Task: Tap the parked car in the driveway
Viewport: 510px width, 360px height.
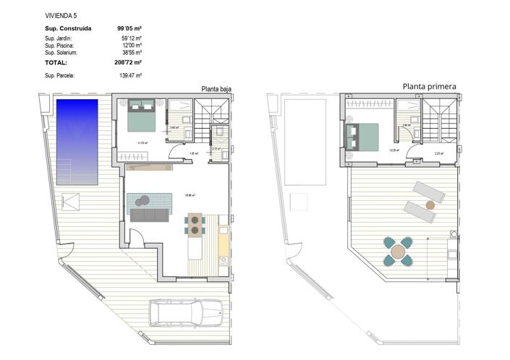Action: point(190,315)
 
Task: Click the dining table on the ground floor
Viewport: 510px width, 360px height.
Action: point(195,225)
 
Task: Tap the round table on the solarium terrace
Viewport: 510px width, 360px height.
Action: point(398,252)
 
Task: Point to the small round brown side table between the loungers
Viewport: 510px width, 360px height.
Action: point(430,205)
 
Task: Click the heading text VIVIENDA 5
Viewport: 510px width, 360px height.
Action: point(60,14)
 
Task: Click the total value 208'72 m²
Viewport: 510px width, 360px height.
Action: point(129,63)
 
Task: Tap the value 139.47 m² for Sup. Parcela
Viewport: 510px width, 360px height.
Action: point(129,75)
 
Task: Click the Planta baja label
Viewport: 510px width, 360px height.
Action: point(216,90)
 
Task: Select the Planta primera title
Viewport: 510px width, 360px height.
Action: point(429,87)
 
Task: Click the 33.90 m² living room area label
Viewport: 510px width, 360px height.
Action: point(190,194)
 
